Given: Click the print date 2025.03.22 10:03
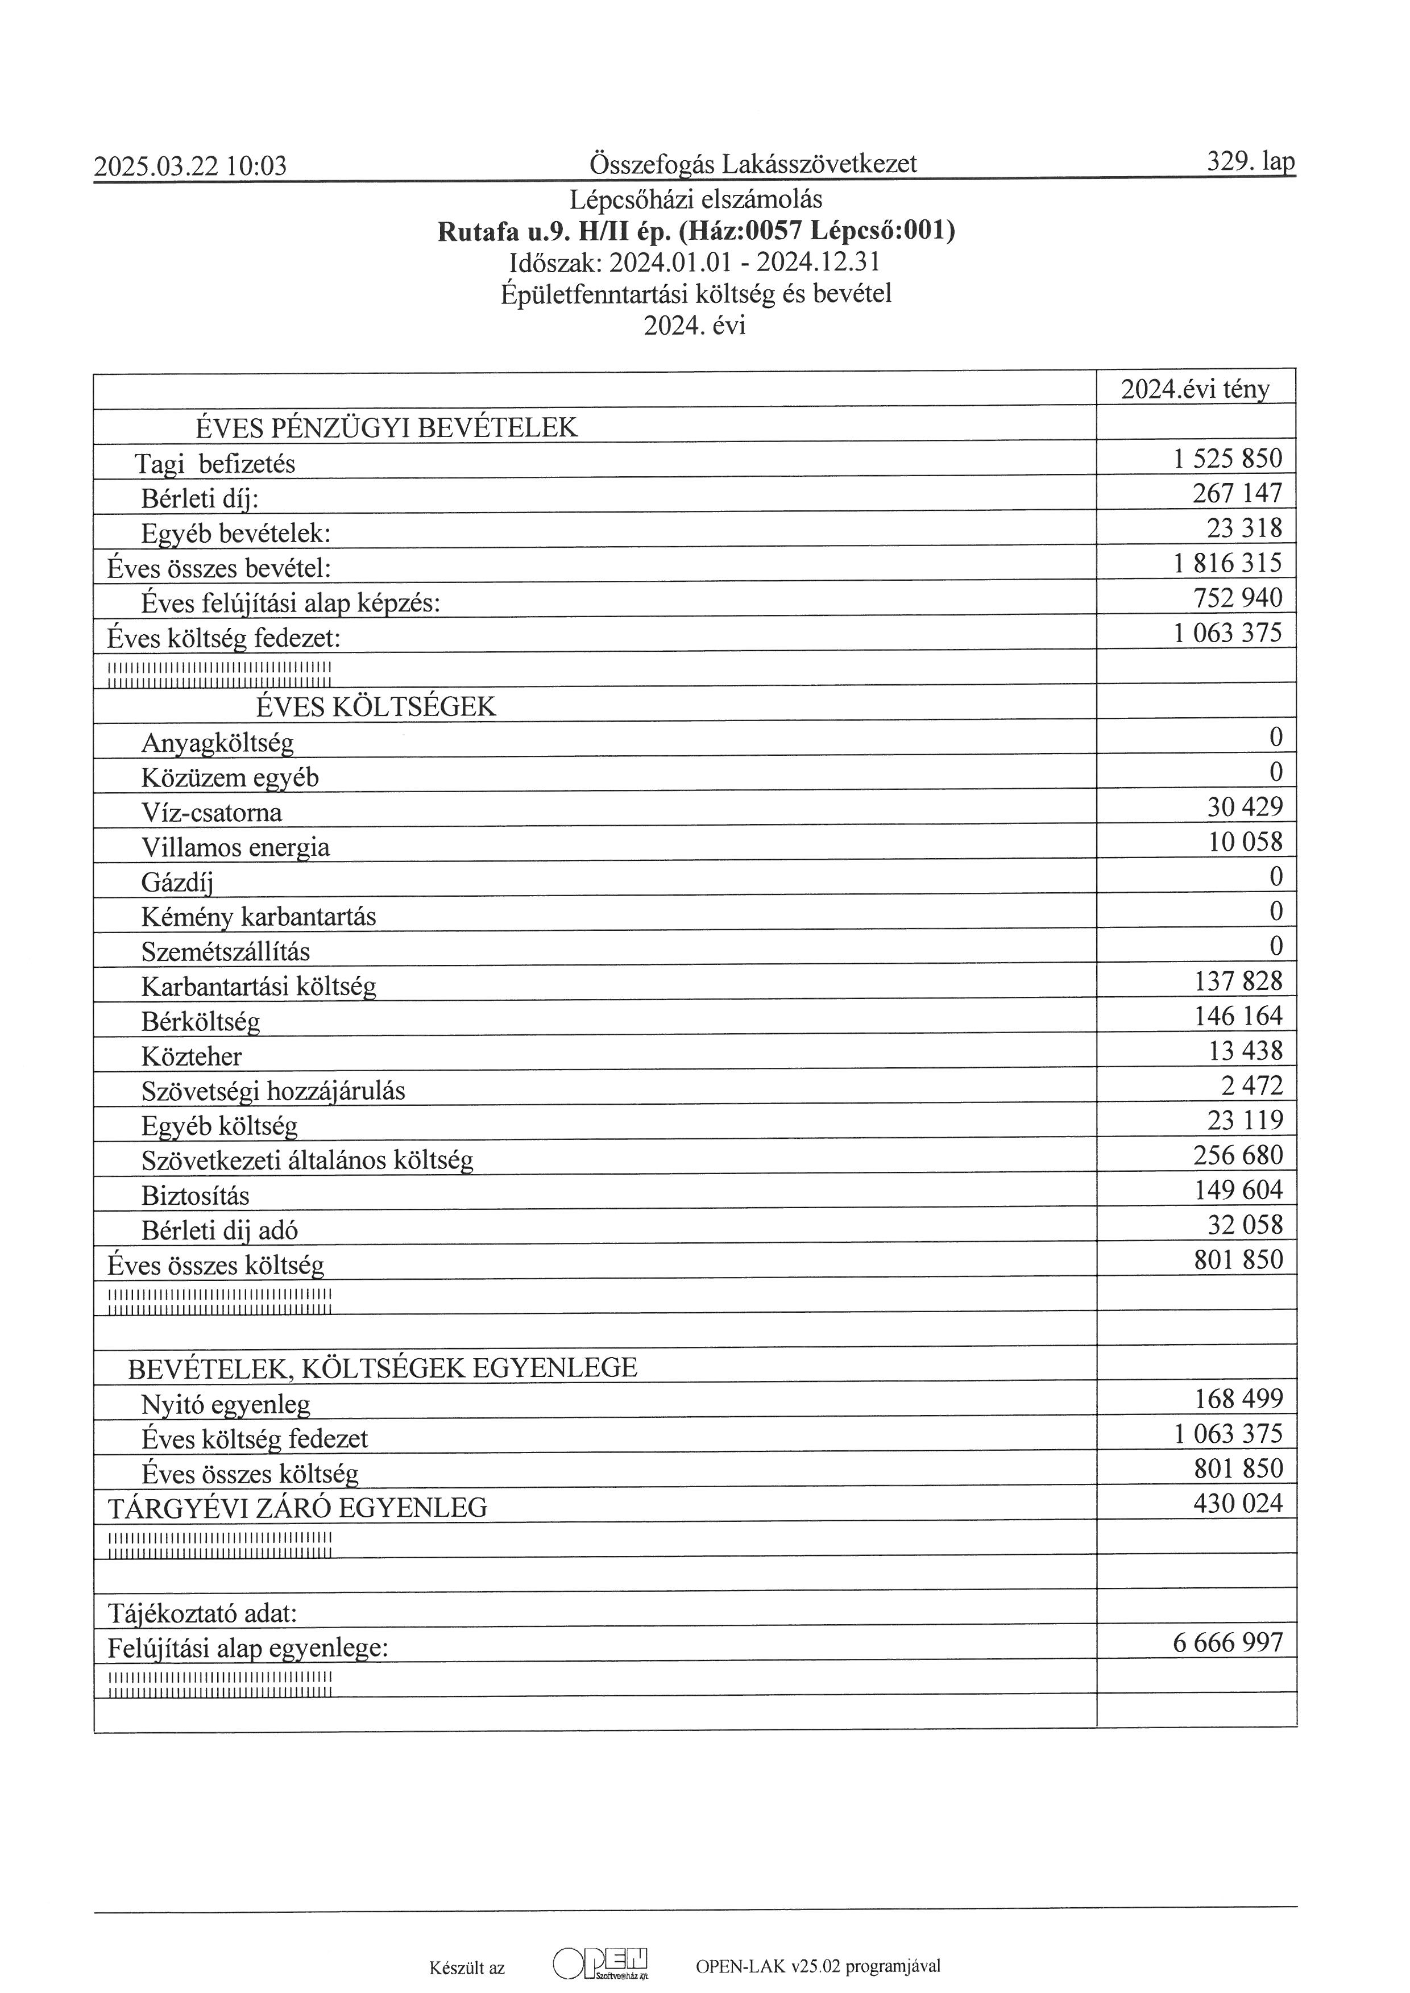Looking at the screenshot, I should click(x=190, y=166).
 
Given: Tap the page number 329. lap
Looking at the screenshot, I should click(x=1250, y=161).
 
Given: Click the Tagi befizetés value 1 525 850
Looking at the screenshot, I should click(x=1227, y=458).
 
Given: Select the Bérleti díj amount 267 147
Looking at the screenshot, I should click(x=1237, y=493).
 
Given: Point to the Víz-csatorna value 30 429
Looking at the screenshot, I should click(x=1244, y=808).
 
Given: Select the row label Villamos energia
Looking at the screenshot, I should click(x=235, y=847).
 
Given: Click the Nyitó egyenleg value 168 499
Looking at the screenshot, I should click(x=1238, y=1399).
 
